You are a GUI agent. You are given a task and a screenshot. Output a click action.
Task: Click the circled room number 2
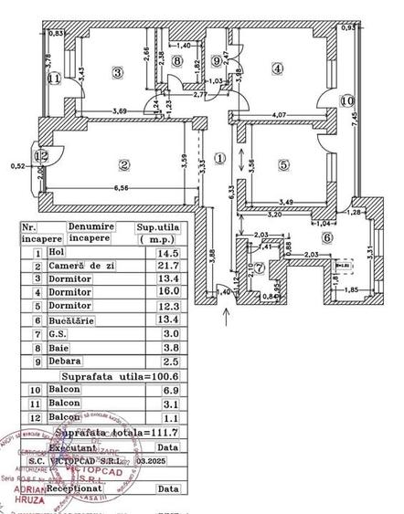click(123, 164)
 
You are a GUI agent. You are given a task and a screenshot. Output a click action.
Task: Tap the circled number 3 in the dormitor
click(117, 71)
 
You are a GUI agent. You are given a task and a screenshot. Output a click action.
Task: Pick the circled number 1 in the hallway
click(219, 157)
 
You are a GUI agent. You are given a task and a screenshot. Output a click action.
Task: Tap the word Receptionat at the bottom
click(90, 489)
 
